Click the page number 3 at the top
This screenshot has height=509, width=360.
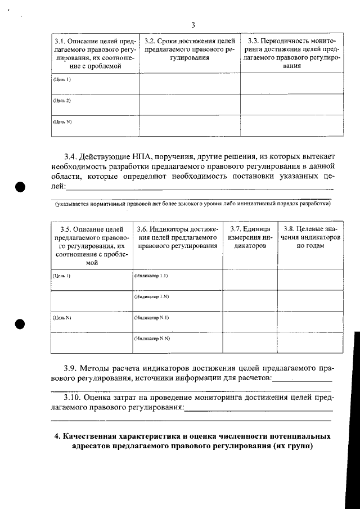192,25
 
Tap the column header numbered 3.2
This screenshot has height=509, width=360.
190,49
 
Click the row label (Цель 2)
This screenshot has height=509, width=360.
61,101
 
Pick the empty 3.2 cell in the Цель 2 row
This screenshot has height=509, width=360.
190,103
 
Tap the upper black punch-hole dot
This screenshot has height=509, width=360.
21,187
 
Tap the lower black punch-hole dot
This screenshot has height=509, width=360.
21,324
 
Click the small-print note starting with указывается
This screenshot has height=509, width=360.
191,204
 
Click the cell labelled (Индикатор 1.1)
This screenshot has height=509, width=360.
151,276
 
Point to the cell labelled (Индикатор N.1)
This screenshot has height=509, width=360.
152,318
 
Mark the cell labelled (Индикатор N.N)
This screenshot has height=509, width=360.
152,339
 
